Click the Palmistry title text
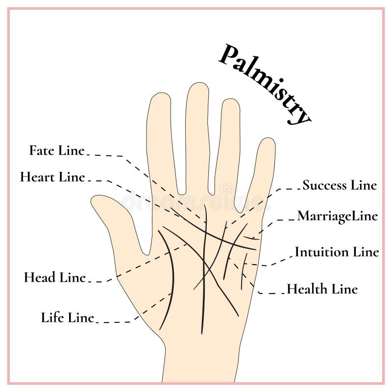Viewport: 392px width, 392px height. point(265,83)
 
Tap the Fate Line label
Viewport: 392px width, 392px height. point(57,150)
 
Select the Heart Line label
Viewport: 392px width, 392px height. point(52,177)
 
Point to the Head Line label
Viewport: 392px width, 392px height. point(54,277)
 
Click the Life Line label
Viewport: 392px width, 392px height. point(67,318)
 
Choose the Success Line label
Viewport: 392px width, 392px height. point(339,185)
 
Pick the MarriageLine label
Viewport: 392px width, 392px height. point(337,216)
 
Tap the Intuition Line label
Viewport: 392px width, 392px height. point(337,252)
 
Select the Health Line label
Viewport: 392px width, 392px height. point(322,289)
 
